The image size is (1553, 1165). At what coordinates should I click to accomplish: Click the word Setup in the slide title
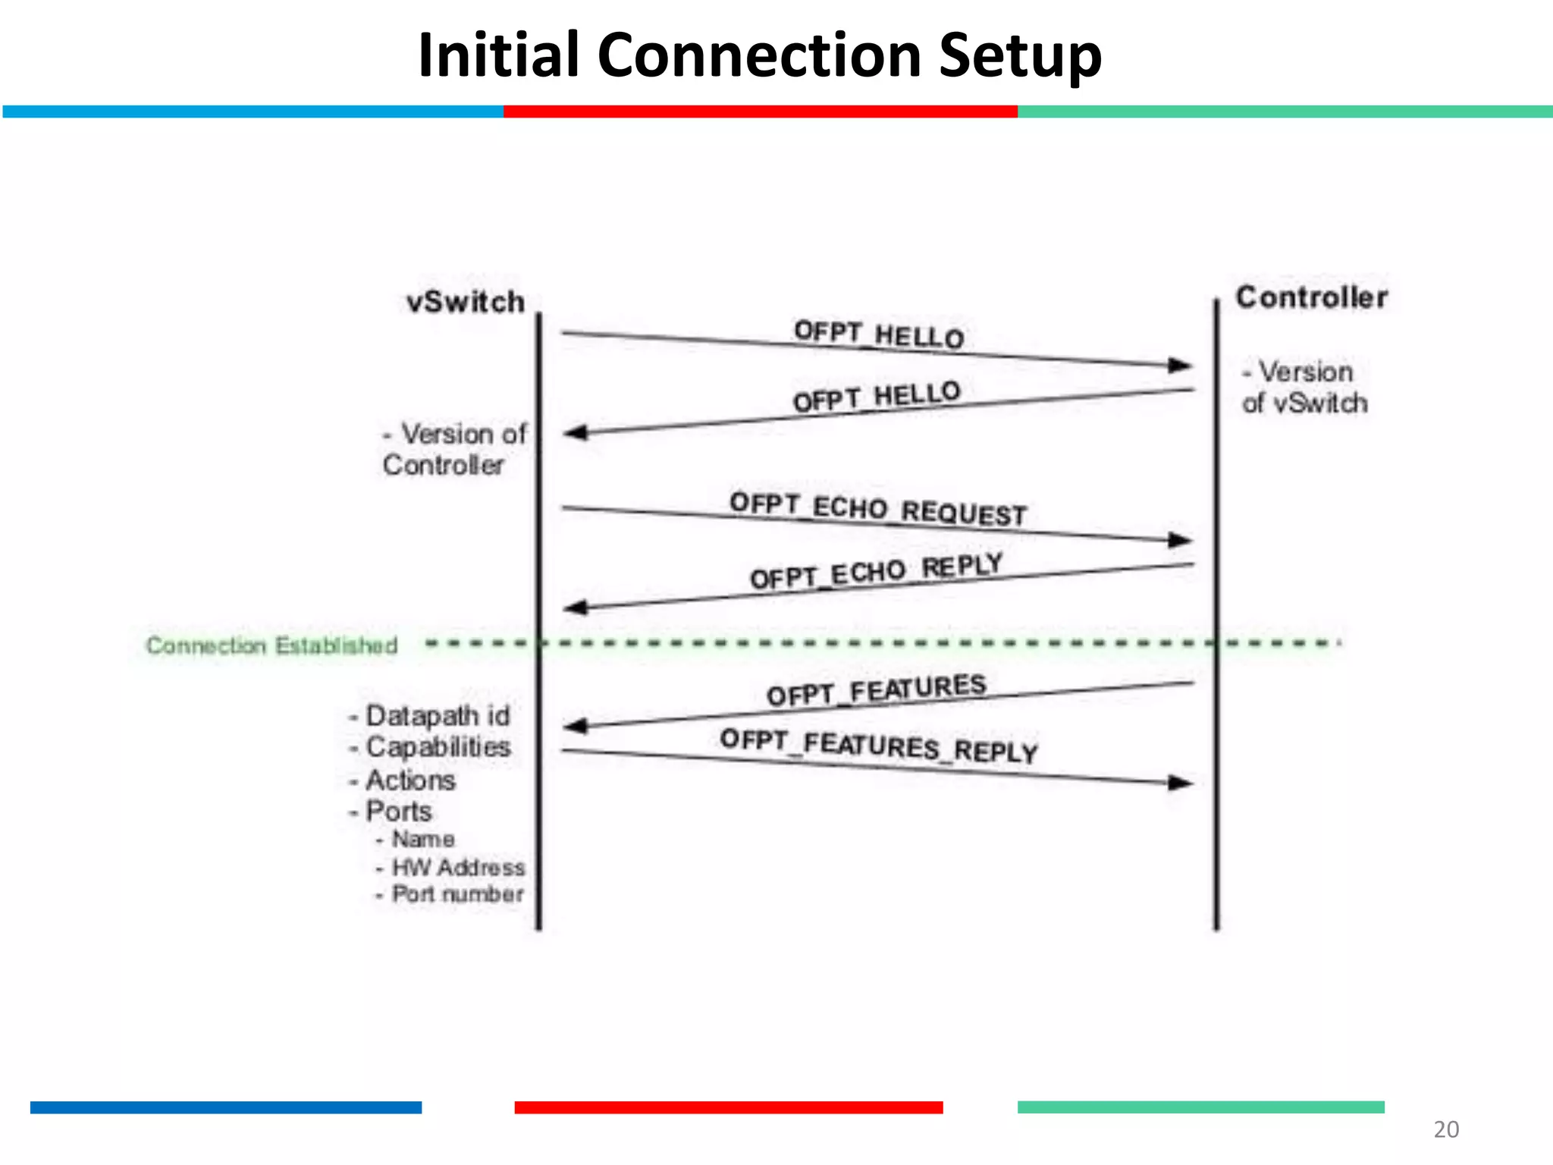1019,56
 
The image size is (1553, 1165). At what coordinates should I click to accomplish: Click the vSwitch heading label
466,302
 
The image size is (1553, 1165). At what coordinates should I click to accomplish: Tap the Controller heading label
1311,297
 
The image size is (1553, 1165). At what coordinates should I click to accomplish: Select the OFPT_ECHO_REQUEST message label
877,509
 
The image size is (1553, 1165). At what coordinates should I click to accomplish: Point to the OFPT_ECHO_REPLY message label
876,571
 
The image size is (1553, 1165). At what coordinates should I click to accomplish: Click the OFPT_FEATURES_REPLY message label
878,746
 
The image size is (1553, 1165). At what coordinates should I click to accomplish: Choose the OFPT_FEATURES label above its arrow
876,689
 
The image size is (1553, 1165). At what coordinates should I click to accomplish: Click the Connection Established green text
271,645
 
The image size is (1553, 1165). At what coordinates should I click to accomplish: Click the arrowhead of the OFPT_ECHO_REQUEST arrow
1181,540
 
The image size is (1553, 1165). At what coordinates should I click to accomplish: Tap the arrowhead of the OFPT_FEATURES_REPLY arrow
1181,783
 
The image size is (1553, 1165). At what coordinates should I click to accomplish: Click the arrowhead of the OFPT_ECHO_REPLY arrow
577,607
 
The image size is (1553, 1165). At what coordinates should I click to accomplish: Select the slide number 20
1445,1129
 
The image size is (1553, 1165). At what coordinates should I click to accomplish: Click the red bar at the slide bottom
728,1107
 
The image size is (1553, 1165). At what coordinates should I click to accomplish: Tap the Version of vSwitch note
1304,388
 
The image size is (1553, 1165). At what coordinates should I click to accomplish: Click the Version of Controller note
453,449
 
